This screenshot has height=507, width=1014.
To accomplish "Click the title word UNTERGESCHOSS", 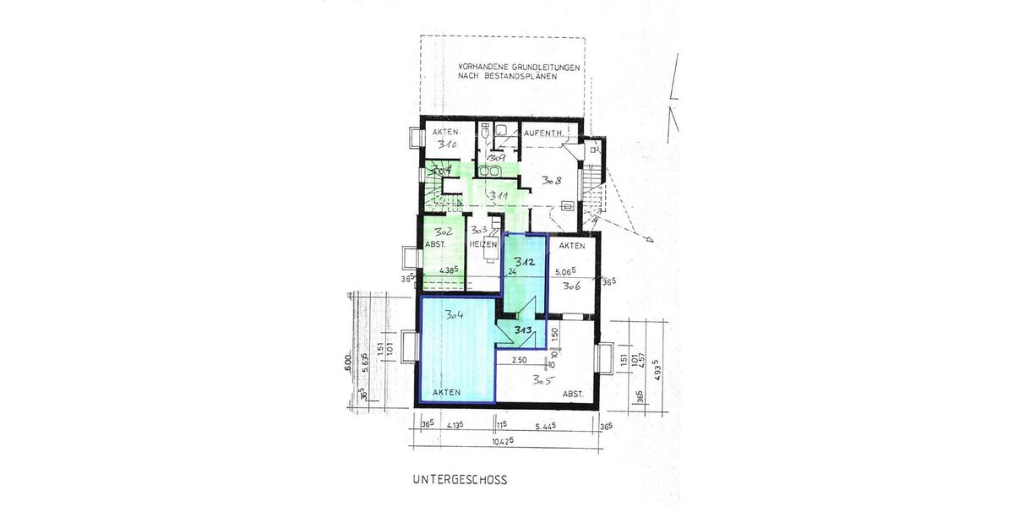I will tap(460, 480).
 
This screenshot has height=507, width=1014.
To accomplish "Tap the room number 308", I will tap(553, 179).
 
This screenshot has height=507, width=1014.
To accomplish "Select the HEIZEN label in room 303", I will tap(482, 243).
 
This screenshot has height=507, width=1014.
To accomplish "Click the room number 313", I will tap(522, 331).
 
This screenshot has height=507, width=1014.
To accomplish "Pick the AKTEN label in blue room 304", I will tap(446, 393).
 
